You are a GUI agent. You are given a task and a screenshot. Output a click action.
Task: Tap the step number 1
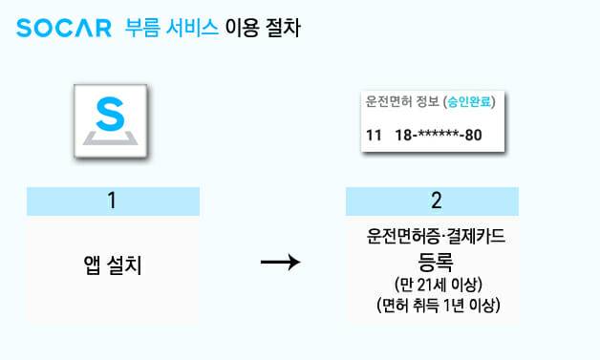point(112,201)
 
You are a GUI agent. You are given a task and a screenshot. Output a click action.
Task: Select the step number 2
point(436,201)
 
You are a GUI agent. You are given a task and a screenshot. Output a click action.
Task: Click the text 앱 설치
point(112,265)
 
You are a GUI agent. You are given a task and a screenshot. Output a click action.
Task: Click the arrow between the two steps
point(281,261)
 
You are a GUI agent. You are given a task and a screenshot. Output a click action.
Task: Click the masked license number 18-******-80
point(438,135)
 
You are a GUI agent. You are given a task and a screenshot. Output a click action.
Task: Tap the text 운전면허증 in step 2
point(401,236)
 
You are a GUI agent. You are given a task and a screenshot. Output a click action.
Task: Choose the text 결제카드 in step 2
point(475,236)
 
